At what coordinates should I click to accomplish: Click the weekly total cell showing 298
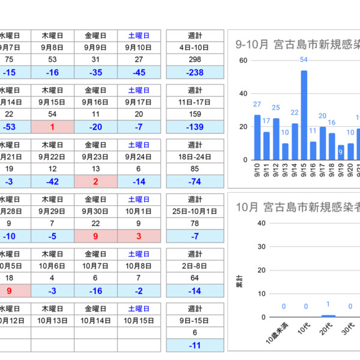tap(195, 59)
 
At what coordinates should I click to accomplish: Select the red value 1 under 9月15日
tap(53, 127)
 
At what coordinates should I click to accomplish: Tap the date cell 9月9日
tap(96, 47)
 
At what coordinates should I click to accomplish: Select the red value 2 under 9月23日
tap(96, 182)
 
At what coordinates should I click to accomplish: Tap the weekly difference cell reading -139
tap(195, 127)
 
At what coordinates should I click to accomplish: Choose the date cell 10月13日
tap(53, 320)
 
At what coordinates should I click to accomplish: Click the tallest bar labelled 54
tap(304, 115)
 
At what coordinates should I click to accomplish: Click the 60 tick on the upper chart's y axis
tap(244, 61)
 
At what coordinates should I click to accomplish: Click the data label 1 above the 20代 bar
tap(328, 305)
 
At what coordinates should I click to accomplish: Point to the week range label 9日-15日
tap(195, 320)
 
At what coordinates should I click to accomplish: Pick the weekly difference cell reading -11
tap(195, 346)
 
